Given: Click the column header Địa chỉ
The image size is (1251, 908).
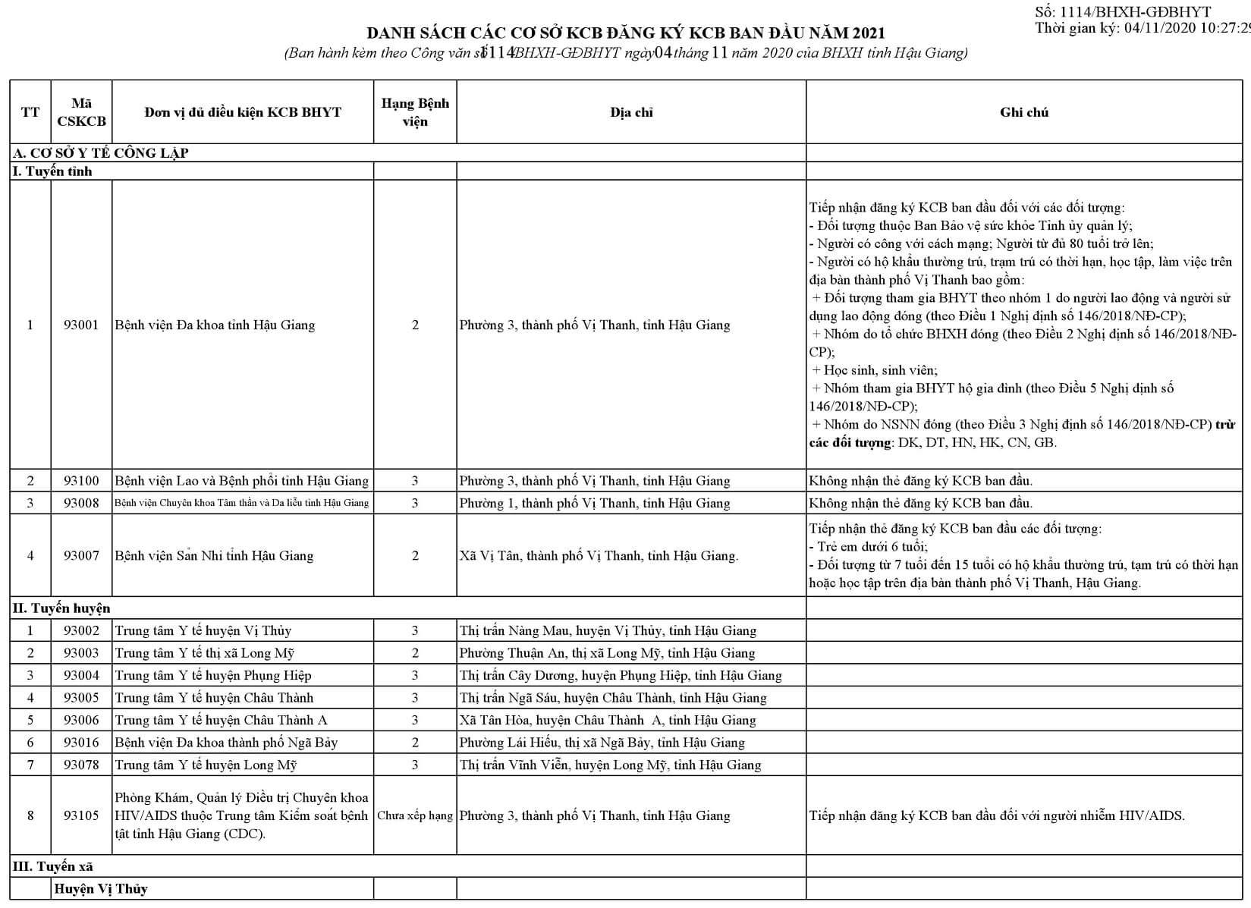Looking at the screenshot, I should tap(631, 112).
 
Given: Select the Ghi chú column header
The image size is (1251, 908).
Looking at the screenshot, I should tap(1023, 112).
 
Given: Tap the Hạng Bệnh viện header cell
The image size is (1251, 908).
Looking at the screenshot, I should tap(415, 112).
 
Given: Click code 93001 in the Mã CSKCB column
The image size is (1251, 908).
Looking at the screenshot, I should tap(81, 325).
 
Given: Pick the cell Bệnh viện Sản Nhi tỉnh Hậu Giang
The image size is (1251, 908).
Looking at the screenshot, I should tap(214, 555).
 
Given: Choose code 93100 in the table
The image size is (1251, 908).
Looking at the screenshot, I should tap(81, 481).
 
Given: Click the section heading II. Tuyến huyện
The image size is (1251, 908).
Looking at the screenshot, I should tap(61, 608).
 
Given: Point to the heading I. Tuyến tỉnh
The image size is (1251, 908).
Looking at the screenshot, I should tap(52, 171).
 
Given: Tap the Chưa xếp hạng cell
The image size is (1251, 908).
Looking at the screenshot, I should tap(415, 815).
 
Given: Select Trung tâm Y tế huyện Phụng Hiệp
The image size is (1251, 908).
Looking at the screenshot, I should tap(213, 675).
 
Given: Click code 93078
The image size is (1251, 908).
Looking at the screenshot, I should tap(81, 765).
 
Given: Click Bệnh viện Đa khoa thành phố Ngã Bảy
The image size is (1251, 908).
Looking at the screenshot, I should tap(226, 743).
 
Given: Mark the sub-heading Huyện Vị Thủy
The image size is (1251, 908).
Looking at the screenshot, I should tap(100, 889).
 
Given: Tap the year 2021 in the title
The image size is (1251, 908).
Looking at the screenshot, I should tap(868, 33).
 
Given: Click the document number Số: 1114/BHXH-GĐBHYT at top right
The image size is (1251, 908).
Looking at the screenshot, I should tap(1123, 12).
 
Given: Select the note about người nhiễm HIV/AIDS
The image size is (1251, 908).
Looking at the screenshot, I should tap(997, 815).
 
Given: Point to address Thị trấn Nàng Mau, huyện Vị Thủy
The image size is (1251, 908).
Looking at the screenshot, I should tap(608, 630).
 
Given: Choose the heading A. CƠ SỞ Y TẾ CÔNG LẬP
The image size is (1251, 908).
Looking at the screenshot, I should tap(101, 152).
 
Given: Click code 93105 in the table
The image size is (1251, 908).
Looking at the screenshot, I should tap(81, 815).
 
